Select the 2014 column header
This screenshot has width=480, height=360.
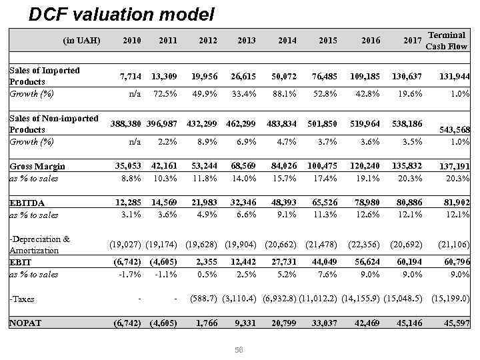pos(287,41)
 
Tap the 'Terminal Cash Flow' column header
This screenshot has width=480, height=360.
pos(446,40)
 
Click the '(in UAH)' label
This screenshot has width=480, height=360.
pos(81,41)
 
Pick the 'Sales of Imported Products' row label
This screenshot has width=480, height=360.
pos(45,75)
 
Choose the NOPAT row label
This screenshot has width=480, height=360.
pos(25,323)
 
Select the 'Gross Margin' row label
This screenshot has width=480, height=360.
pos(37,166)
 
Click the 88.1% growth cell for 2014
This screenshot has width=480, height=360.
pos(286,94)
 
